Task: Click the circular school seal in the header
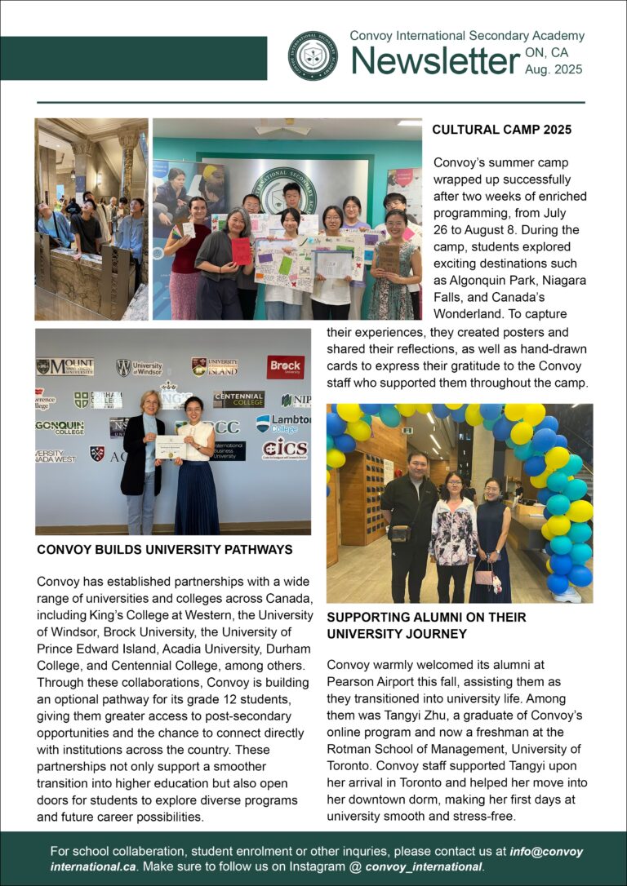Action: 313,55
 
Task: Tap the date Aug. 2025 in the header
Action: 554,70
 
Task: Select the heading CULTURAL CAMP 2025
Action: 501,130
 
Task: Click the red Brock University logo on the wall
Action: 285,367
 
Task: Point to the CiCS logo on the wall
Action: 284,449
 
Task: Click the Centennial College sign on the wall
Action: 238,399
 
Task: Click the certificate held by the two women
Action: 171,446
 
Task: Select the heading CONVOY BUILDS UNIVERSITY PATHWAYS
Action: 164,550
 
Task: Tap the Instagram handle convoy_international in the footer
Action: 424,866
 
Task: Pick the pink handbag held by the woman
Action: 484,578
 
